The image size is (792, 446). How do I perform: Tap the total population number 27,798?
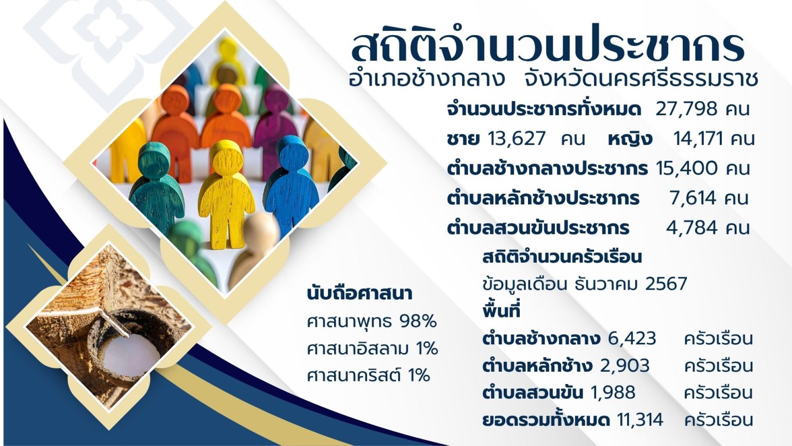(x=686, y=109)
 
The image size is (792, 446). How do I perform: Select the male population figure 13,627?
(x=517, y=139)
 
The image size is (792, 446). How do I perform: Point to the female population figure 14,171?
(x=698, y=139)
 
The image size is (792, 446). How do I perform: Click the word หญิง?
(x=630, y=139)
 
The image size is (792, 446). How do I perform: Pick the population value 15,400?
(x=687, y=168)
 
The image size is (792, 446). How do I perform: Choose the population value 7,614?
(x=693, y=198)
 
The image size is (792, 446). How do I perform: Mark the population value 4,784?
(x=691, y=228)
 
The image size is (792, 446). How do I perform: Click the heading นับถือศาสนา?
(x=359, y=294)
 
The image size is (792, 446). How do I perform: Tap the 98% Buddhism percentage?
(x=418, y=322)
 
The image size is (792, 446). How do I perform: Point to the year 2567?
(x=666, y=284)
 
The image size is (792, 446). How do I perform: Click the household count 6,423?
(x=632, y=339)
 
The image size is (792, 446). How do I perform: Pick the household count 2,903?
(x=625, y=365)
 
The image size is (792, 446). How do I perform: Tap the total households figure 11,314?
(x=640, y=420)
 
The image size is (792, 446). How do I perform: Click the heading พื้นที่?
(x=501, y=311)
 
